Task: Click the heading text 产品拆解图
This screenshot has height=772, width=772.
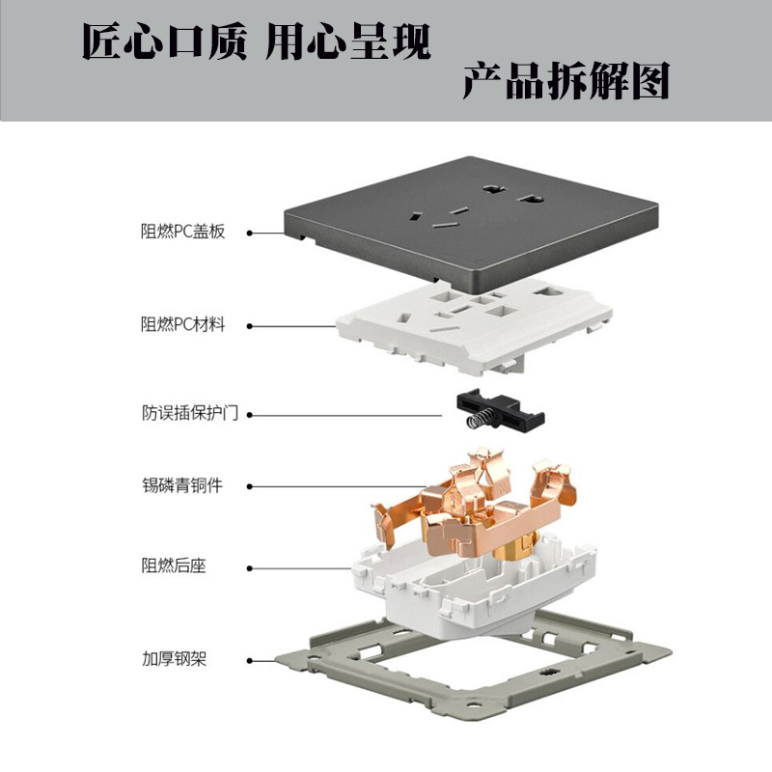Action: click(565, 82)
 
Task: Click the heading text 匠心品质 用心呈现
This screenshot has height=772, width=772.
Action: click(255, 42)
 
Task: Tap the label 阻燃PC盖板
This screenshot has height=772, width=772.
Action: click(182, 232)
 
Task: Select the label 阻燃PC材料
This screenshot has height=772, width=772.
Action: click(182, 325)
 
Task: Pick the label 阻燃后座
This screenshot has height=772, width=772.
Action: click(174, 565)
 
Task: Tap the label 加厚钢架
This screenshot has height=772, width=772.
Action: click(174, 661)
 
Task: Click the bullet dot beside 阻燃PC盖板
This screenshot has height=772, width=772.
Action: click(249, 233)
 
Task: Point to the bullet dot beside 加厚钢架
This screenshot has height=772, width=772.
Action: click(249, 662)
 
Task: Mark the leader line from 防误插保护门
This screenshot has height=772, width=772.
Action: click(347, 415)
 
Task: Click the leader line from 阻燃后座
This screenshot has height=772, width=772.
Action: click(299, 566)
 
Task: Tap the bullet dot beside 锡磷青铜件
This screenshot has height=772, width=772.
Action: click(249, 486)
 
